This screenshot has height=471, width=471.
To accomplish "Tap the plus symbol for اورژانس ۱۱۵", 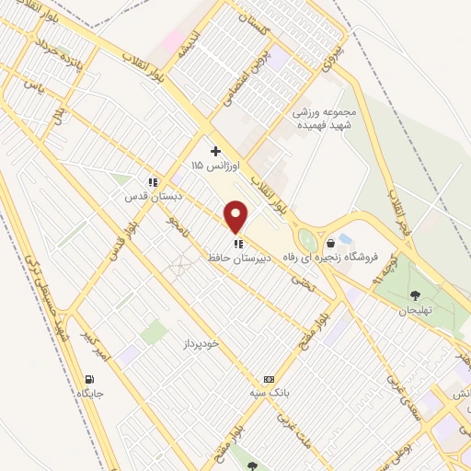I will click(x=215, y=150).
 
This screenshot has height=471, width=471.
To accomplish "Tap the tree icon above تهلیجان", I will click(x=415, y=294).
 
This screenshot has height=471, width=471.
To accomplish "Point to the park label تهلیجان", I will click(x=415, y=310).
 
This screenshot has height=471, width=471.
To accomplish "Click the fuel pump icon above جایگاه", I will click(x=88, y=379).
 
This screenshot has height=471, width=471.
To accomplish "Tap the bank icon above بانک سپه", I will click(x=269, y=379).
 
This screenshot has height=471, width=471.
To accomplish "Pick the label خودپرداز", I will click(x=202, y=343).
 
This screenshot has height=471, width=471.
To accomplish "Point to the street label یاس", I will click(x=35, y=86).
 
